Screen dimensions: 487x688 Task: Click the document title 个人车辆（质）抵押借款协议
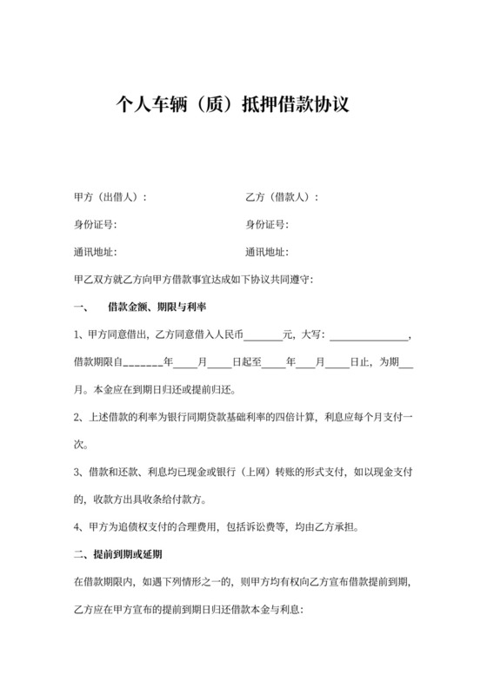[232, 107]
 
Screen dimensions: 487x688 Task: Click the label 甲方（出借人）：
[111, 197]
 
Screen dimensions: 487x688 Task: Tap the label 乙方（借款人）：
[283, 197]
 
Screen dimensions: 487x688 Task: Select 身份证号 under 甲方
[96, 225]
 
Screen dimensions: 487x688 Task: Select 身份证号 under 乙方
[267, 225]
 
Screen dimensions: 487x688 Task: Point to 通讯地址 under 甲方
[96, 253]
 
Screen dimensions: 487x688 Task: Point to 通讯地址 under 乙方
[267, 253]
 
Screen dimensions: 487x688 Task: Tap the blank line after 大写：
[368, 337]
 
